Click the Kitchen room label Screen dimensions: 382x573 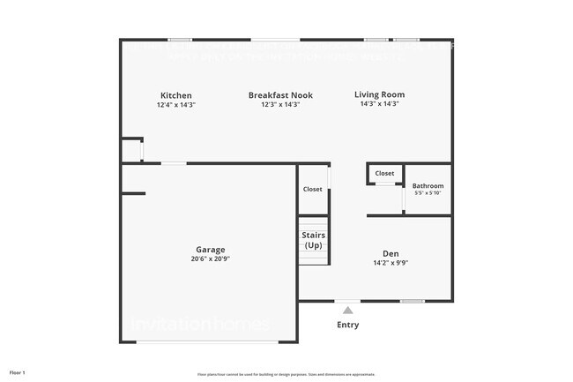pos(175,95)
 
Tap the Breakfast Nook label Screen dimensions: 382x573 pos(280,95)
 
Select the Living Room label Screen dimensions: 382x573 pos(379,94)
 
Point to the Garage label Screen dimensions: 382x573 pos(210,250)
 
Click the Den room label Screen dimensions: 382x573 pos(391,252)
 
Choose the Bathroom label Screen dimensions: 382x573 pos(428,186)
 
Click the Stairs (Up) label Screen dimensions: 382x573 pos(314,240)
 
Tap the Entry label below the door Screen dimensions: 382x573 pos(347,325)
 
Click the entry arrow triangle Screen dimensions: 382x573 pos(347,310)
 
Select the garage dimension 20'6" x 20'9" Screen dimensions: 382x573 pos(210,259)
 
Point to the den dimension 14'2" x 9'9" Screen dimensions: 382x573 pos(391,262)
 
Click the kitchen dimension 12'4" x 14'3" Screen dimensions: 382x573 pos(175,105)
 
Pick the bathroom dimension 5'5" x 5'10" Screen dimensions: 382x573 pos(428,194)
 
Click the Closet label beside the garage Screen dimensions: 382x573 pos(313,190)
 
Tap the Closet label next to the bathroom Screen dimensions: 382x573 pos(384,174)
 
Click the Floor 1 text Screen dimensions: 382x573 pos(18,372)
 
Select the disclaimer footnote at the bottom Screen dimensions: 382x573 pos(286,374)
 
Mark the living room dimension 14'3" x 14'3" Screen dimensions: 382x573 pos(379,104)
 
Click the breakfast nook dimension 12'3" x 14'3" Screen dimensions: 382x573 pos(280,105)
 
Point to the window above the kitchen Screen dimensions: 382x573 pos(180,39)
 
